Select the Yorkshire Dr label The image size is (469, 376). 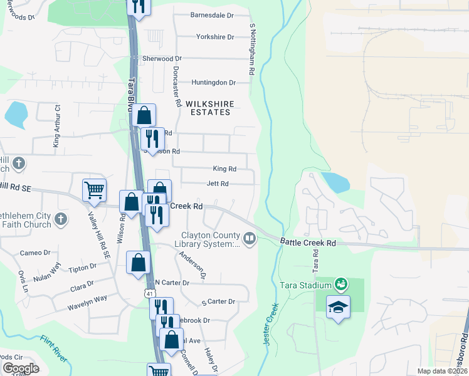click(x=215, y=37)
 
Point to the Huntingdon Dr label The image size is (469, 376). click(x=213, y=82)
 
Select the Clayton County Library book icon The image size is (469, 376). click(x=250, y=238)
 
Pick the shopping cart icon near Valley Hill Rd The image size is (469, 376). click(x=94, y=189)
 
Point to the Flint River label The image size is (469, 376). click(x=54, y=348)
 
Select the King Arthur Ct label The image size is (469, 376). click(x=56, y=126)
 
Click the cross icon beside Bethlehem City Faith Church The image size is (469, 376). click(x=60, y=219)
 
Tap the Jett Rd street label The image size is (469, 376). click(x=218, y=184)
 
